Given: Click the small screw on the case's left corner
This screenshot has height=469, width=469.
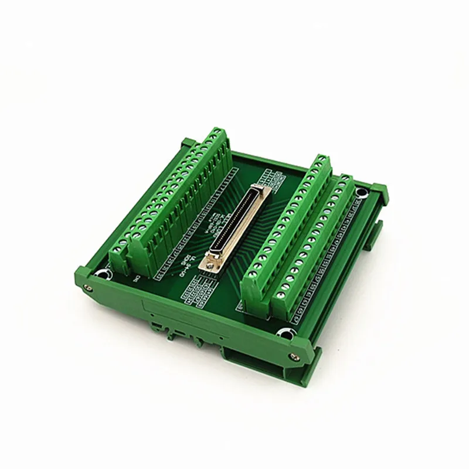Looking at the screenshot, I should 88,287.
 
